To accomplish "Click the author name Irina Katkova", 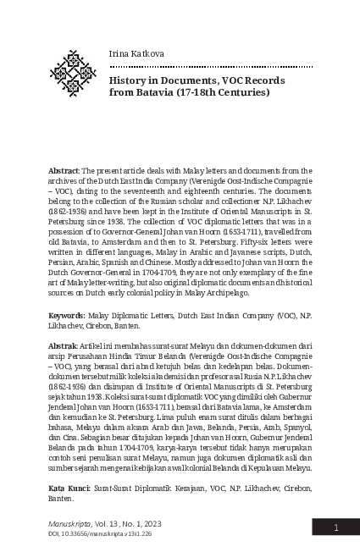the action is [x=136, y=53].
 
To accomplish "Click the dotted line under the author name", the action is [x=204, y=66].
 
